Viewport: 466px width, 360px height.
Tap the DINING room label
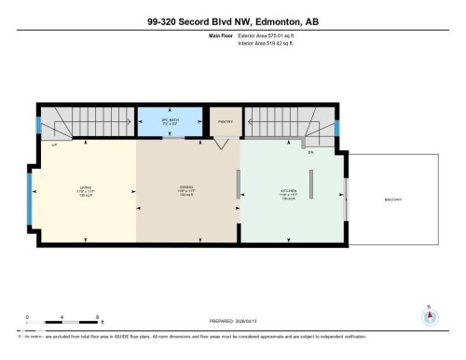click(x=186, y=191)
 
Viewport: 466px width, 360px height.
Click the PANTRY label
click(x=224, y=121)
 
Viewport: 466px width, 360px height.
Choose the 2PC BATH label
click(x=168, y=121)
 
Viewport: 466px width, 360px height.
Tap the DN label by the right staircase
click(x=311, y=150)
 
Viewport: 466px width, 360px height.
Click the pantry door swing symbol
click(x=220, y=144)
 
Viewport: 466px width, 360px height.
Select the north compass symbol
click(x=429, y=314)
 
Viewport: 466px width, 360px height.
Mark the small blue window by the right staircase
click(x=338, y=127)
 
